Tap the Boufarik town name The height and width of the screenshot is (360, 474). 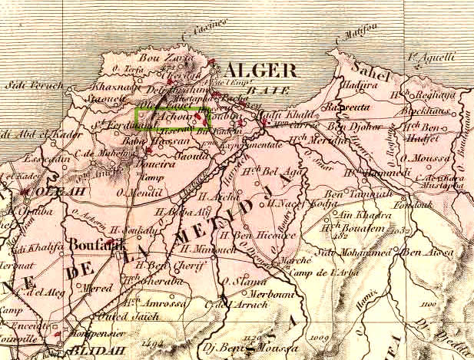[x=95, y=246]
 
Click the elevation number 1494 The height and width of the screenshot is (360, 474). [x=154, y=343]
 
